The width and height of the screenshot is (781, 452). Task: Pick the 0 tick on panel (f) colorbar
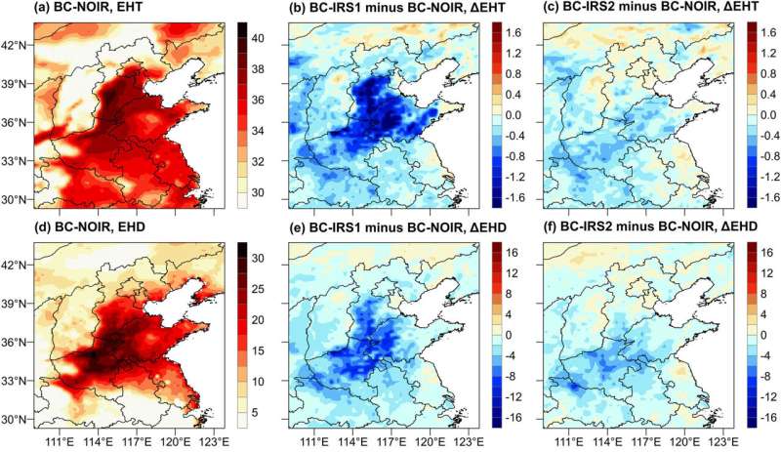(x=759, y=335)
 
